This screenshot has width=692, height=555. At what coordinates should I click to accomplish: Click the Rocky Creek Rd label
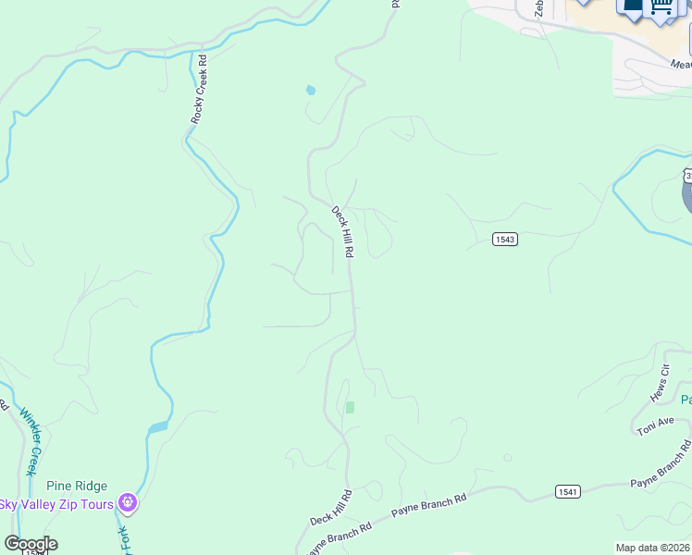point(198,89)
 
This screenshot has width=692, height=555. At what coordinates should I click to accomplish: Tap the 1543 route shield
point(504,239)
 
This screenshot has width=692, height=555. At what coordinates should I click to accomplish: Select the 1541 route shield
point(568,491)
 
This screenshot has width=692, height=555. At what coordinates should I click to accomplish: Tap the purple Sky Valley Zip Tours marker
point(128,504)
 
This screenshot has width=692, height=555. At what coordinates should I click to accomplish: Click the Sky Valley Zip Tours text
point(56,504)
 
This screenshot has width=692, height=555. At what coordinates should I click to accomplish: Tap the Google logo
point(31,544)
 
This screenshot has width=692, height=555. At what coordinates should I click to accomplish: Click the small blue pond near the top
point(310,91)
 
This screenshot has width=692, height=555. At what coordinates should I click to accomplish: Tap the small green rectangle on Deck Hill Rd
point(350,407)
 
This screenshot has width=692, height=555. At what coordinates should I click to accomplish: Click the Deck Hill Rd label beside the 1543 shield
point(342,232)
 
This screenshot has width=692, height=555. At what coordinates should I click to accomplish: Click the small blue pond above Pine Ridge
point(157,427)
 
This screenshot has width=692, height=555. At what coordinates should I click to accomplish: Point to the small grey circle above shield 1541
point(507,457)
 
